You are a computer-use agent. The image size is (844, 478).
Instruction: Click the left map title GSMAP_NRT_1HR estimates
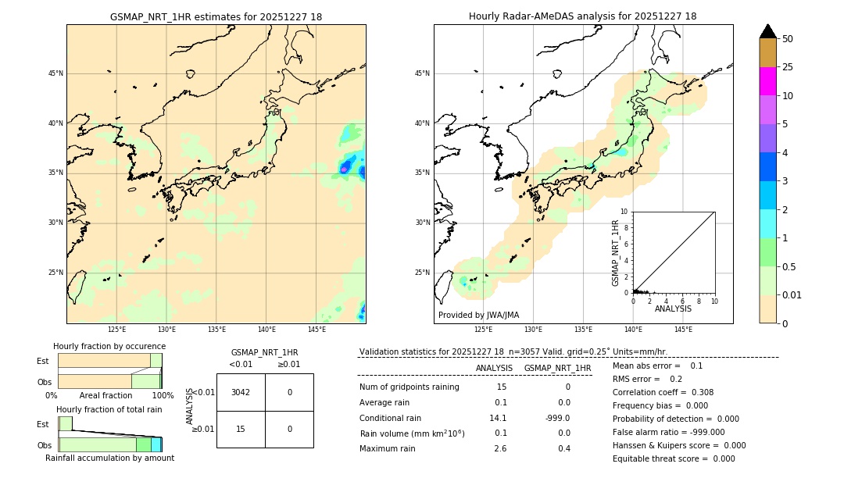[216, 16]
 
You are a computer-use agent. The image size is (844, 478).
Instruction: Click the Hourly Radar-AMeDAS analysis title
[582, 16]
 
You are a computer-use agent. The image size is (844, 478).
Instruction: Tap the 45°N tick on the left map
[55, 73]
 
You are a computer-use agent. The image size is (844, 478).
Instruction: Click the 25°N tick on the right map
[423, 273]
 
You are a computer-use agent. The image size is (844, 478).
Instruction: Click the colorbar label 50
[788, 39]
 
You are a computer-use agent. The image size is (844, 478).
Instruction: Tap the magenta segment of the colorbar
[767, 81]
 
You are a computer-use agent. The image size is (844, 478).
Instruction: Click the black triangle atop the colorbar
[767, 31]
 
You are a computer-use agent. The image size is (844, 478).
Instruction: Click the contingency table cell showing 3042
[241, 392]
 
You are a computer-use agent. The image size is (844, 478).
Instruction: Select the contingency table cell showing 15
[241, 429]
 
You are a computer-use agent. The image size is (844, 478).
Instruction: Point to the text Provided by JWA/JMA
[478, 315]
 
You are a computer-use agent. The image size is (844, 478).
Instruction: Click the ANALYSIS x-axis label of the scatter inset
[673, 309]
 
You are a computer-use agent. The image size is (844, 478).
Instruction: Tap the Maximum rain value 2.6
[500, 448]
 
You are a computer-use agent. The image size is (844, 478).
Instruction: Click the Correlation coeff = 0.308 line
[663, 392]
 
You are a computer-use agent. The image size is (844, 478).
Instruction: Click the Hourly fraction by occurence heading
[109, 346]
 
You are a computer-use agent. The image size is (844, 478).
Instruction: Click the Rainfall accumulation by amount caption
[109, 458]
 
